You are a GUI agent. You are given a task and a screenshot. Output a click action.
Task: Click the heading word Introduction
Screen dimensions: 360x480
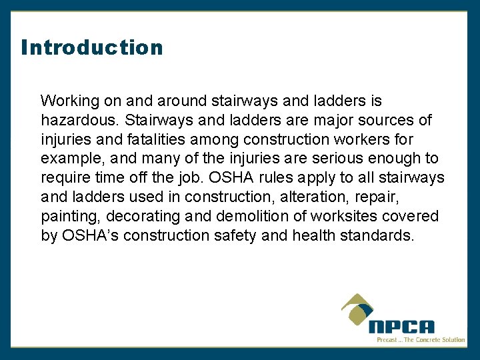tap(92, 47)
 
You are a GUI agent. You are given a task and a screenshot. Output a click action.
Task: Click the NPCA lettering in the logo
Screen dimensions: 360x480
tap(401, 327)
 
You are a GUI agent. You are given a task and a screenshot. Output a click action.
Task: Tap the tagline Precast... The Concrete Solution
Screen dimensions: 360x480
tap(421, 340)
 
